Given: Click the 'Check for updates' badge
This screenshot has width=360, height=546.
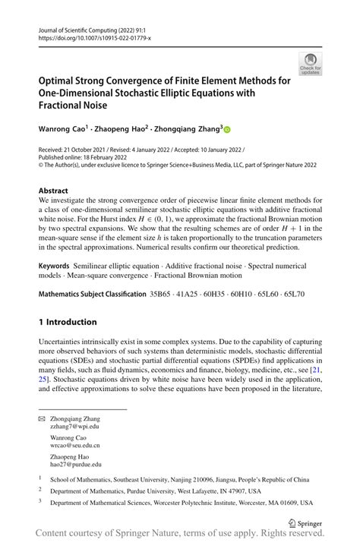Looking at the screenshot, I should (x=311, y=64).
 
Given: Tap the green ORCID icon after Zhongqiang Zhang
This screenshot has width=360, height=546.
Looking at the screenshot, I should (x=226, y=130).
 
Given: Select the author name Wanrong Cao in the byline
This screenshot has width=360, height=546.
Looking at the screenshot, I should (x=64, y=129).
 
